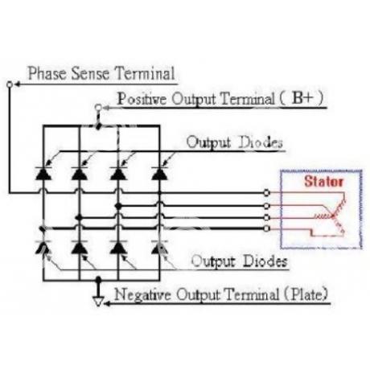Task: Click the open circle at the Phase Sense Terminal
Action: (x=10, y=84)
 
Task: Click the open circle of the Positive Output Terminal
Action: (x=98, y=108)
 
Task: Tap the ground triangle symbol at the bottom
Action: (x=98, y=301)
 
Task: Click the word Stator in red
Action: (x=323, y=182)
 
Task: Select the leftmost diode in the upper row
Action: (x=43, y=173)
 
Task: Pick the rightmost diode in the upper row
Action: (x=159, y=173)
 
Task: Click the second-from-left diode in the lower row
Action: (x=80, y=247)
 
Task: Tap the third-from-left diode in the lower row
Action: (x=118, y=247)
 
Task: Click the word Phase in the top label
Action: (x=47, y=73)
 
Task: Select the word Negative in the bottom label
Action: (x=142, y=294)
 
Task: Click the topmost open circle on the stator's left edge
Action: (x=266, y=192)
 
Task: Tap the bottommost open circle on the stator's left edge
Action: (x=266, y=228)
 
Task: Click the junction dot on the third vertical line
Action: (x=118, y=206)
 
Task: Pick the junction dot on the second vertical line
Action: (x=79, y=217)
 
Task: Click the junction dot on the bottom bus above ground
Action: (x=98, y=280)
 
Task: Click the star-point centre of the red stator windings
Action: (x=333, y=216)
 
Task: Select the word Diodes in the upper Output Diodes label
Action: (x=261, y=142)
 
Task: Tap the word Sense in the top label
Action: (x=90, y=73)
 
